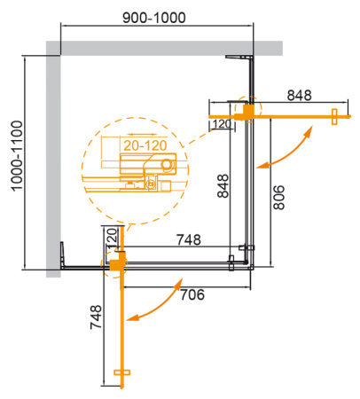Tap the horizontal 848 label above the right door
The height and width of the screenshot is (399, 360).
pyautogui.click(x=299, y=96)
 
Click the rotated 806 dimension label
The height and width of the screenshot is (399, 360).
pyautogui.click(x=278, y=196)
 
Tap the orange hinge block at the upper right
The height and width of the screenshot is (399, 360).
pyautogui.click(x=250, y=111)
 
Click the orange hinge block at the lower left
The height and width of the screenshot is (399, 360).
pyautogui.click(x=118, y=262)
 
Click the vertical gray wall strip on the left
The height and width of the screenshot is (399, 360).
pyautogui.click(x=52, y=160)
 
